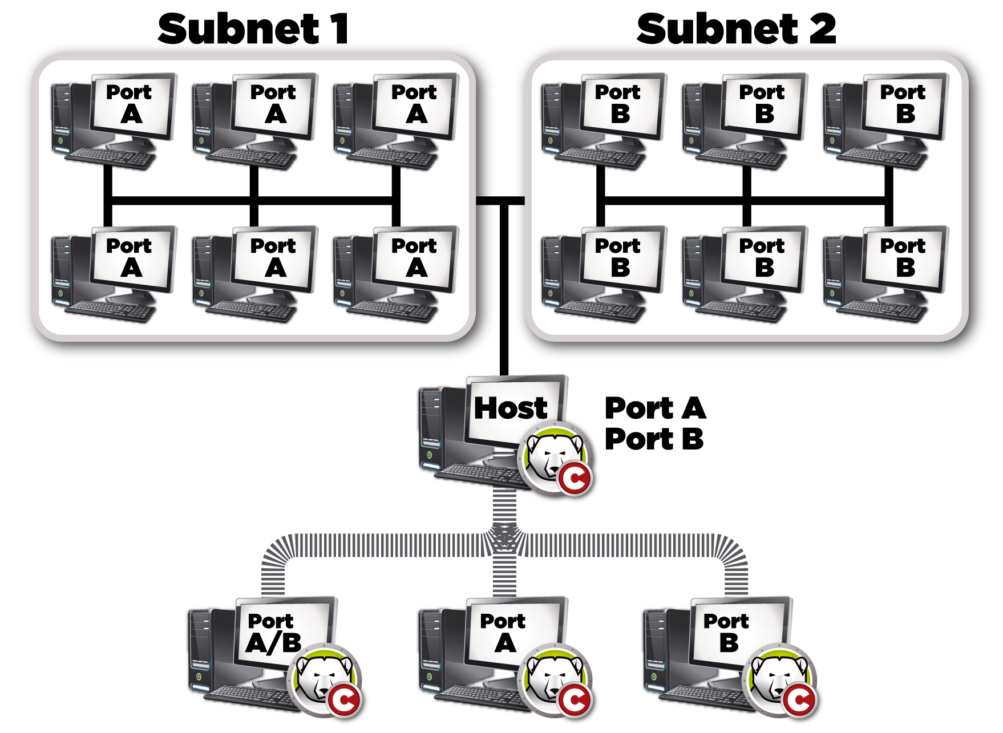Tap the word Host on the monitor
[511, 408]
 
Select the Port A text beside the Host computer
[656, 408]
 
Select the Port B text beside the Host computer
[654, 439]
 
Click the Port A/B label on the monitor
[273, 632]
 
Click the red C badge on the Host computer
[575, 479]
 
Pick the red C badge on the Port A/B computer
[343, 700]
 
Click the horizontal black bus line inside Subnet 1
[251, 200]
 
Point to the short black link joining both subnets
[500, 200]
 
